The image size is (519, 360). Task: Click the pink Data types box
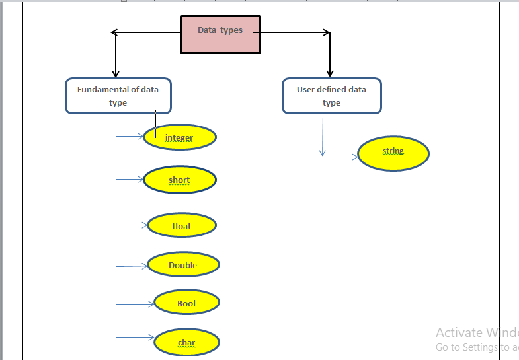coord(221,34)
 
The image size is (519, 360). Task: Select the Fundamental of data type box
coord(118,96)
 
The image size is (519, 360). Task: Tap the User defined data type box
coord(332,96)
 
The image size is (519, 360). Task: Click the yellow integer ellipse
coord(180,137)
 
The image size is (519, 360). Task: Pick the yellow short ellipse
coord(180,180)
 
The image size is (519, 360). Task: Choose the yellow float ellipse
coord(182,225)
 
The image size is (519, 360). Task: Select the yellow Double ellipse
coord(183,265)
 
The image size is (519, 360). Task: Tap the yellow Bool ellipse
coord(186,303)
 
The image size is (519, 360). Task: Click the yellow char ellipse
coord(186,343)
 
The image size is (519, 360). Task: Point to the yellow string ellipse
coord(393,154)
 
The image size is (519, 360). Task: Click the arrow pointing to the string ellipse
coord(340,157)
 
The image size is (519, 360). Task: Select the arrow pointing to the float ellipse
coord(132,225)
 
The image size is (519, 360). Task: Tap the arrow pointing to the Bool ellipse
coord(136,304)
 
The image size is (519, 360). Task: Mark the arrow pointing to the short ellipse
coord(130,179)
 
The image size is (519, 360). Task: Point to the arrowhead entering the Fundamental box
coord(116,73)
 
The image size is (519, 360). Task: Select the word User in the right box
coord(305,89)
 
